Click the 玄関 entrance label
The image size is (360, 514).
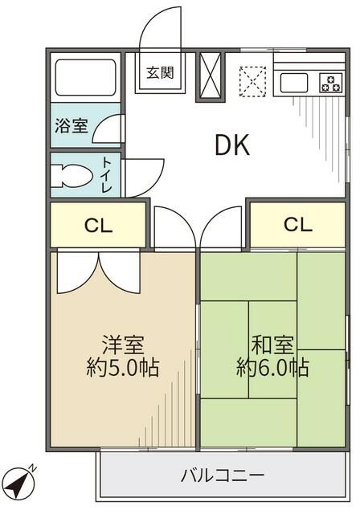(159, 73)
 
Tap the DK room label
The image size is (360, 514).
(231, 145)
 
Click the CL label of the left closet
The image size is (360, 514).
(98, 226)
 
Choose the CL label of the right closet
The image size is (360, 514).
(297, 224)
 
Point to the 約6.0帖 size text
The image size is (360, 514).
(272, 369)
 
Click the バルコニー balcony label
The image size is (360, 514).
(222, 475)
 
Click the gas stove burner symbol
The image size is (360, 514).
(329, 82)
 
